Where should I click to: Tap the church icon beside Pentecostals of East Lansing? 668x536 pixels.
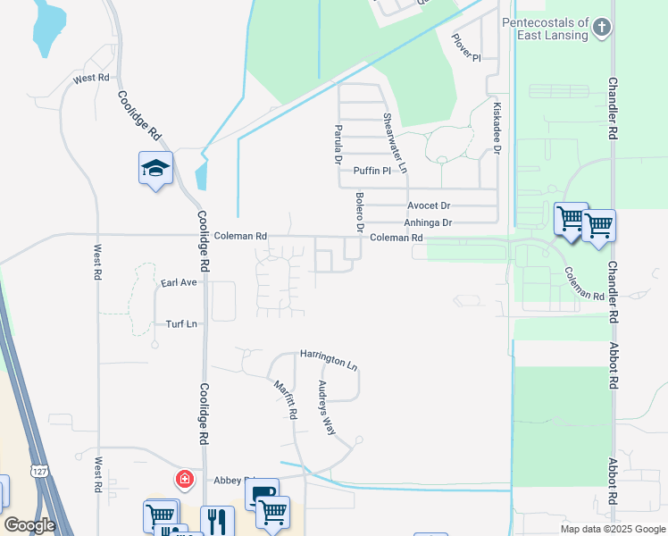pyautogui.click(x=602, y=27)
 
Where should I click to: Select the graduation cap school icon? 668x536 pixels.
pyautogui.click(x=155, y=168)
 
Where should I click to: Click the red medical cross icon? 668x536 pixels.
pyautogui.click(x=185, y=480)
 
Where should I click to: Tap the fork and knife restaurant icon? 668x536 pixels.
pyautogui.click(x=216, y=520)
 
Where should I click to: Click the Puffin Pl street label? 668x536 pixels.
pyautogui.click(x=372, y=171)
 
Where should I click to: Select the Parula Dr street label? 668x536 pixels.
pyautogui.click(x=338, y=144)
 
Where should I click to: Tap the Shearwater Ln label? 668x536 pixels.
pyautogui.click(x=395, y=143)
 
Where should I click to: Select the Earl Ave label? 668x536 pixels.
pyautogui.click(x=179, y=282)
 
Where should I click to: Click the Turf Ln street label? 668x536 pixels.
pyautogui.click(x=180, y=323)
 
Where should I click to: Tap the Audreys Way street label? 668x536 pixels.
pyautogui.click(x=327, y=407)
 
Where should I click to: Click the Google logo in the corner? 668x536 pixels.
pyautogui.click(x=29, y=525)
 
